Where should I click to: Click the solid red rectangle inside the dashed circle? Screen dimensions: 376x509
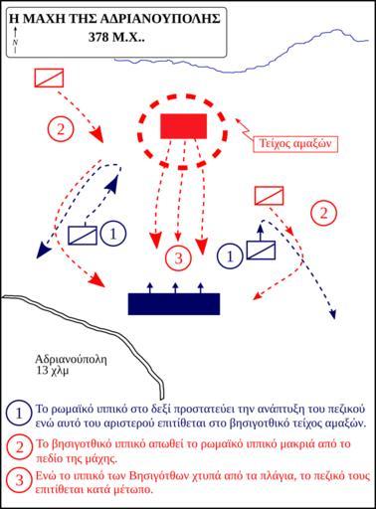[184, 126]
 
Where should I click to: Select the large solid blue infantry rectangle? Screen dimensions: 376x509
[174, 304]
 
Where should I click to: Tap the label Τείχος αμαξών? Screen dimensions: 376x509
[295, 144]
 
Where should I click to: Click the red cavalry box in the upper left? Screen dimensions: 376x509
[49, 79]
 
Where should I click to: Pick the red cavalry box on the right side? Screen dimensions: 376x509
[269, 196]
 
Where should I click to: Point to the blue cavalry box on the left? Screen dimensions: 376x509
[83, 236]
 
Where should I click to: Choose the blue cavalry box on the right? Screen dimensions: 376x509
[261, 251]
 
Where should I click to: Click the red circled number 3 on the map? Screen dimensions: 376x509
[178, 258]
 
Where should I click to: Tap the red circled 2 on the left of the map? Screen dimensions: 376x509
[61, 129]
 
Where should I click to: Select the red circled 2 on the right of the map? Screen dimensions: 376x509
[323, 213]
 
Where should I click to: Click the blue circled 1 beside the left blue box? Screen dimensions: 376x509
[113, 234]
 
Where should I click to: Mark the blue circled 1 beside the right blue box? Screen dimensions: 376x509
[230, 255]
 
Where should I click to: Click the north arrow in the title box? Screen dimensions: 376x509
[15, 40]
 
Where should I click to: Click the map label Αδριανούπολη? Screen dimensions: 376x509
[72, 359]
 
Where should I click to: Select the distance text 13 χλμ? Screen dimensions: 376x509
[53, 370]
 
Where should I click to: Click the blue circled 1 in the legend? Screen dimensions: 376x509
[19, 414]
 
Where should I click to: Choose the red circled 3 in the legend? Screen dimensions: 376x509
[19, 480]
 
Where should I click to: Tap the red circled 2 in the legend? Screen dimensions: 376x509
[19, 447]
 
